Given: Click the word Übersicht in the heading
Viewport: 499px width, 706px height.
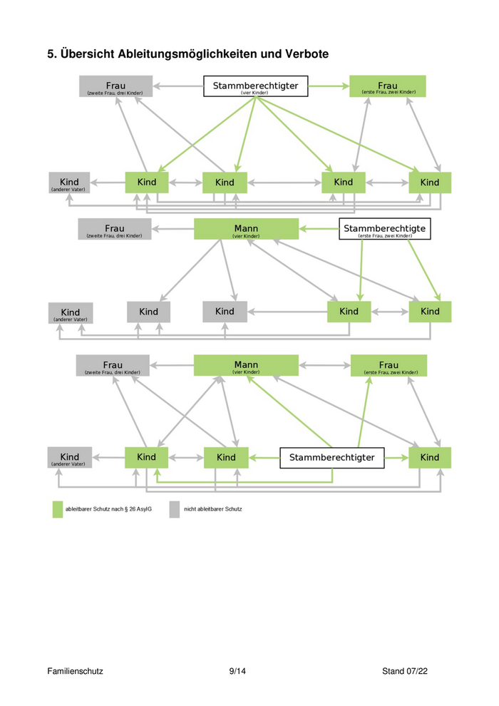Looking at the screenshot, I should coord(88,54).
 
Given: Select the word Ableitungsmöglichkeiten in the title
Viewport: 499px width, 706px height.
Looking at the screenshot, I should coord(192,54).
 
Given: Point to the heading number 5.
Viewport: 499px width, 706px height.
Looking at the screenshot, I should coord(51,54).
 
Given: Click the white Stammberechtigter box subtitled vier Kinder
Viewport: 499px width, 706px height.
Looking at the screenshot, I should coord(255,86).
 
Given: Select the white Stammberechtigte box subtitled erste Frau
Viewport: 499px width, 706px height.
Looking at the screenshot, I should coord(384,229).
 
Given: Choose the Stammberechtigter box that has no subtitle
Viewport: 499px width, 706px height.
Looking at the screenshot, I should coord(331,457).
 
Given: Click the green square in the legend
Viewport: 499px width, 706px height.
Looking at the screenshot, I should coord(58,509).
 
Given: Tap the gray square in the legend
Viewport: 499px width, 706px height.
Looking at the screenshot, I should coord(175,509).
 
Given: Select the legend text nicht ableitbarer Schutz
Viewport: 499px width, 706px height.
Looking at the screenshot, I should coord(213,509).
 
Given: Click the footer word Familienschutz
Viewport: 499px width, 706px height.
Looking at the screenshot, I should coord(76,671).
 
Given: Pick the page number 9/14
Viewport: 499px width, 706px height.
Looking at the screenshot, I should coord(238,671).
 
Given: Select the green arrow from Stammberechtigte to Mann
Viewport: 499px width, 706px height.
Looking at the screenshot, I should coord(319,229).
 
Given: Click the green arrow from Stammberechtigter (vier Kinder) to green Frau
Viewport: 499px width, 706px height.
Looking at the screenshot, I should coord(329,86).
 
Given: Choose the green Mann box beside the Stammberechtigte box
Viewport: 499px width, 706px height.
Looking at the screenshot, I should coord(246,229).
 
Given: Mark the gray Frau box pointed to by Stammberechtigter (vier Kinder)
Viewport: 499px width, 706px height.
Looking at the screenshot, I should coord(115,86).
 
